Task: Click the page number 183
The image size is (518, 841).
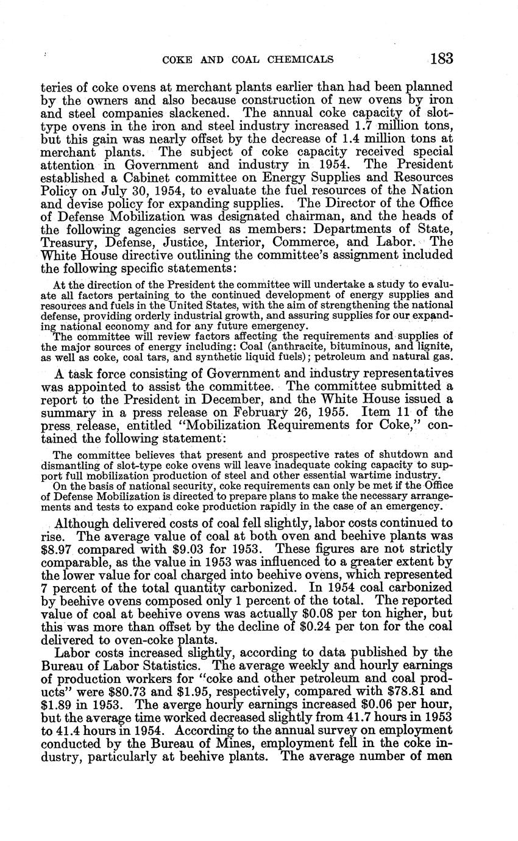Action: (x=441, y=59)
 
